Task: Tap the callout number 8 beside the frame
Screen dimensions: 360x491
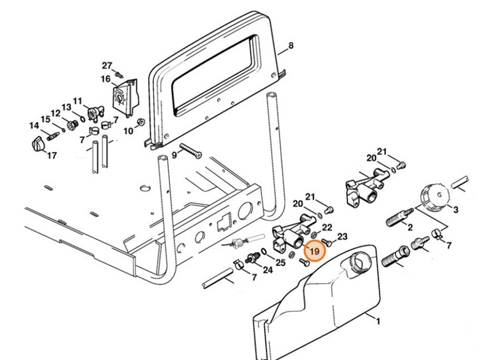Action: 290,46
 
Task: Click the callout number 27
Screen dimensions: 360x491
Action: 107,65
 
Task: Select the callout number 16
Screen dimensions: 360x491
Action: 105,80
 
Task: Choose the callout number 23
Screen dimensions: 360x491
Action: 342,236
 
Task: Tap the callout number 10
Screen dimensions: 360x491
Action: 129,131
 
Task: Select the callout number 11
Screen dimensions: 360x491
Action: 78,101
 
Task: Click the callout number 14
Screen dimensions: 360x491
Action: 34,125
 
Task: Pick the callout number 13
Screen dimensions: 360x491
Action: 66,107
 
